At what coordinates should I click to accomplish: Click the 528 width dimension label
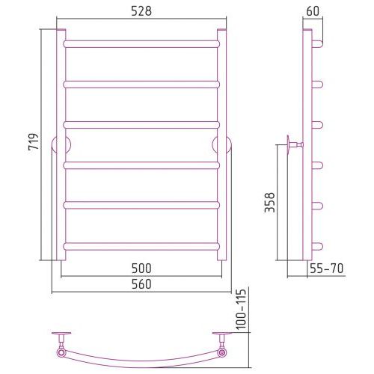tap(141, 11)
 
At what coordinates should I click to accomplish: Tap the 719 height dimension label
tap(34, 141)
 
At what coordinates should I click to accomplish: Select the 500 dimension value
tap(141, 269)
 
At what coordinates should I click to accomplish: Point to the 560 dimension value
tap(141, 284)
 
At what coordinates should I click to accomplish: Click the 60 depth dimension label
tap(313, 11)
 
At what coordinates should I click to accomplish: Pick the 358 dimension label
tap(269, 203)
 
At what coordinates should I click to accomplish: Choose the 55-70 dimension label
tap(327, 269)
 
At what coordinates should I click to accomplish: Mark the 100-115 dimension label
tap(241, 309)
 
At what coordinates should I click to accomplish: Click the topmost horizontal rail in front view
tap(141, 44)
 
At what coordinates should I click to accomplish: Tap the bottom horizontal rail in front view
tap(141, 246)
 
